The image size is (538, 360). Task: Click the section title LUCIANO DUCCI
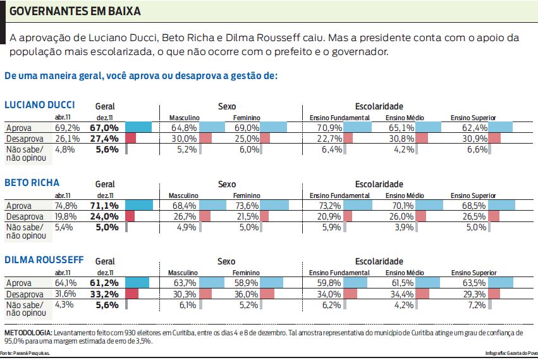(x=39, y=105)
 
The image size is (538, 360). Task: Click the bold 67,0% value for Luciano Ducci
(x=104, y=127)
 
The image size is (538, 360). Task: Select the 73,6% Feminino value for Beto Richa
(x=247, y=205)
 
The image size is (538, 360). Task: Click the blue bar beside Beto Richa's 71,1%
(x=139, y=205)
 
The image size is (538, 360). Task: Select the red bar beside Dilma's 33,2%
(x=131, y=294)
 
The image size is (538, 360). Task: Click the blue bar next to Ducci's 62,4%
(x=501, y=127)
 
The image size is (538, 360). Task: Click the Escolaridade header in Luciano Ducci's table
(x=379, y=106)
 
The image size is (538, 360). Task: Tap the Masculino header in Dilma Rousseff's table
(x=184, y=273)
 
